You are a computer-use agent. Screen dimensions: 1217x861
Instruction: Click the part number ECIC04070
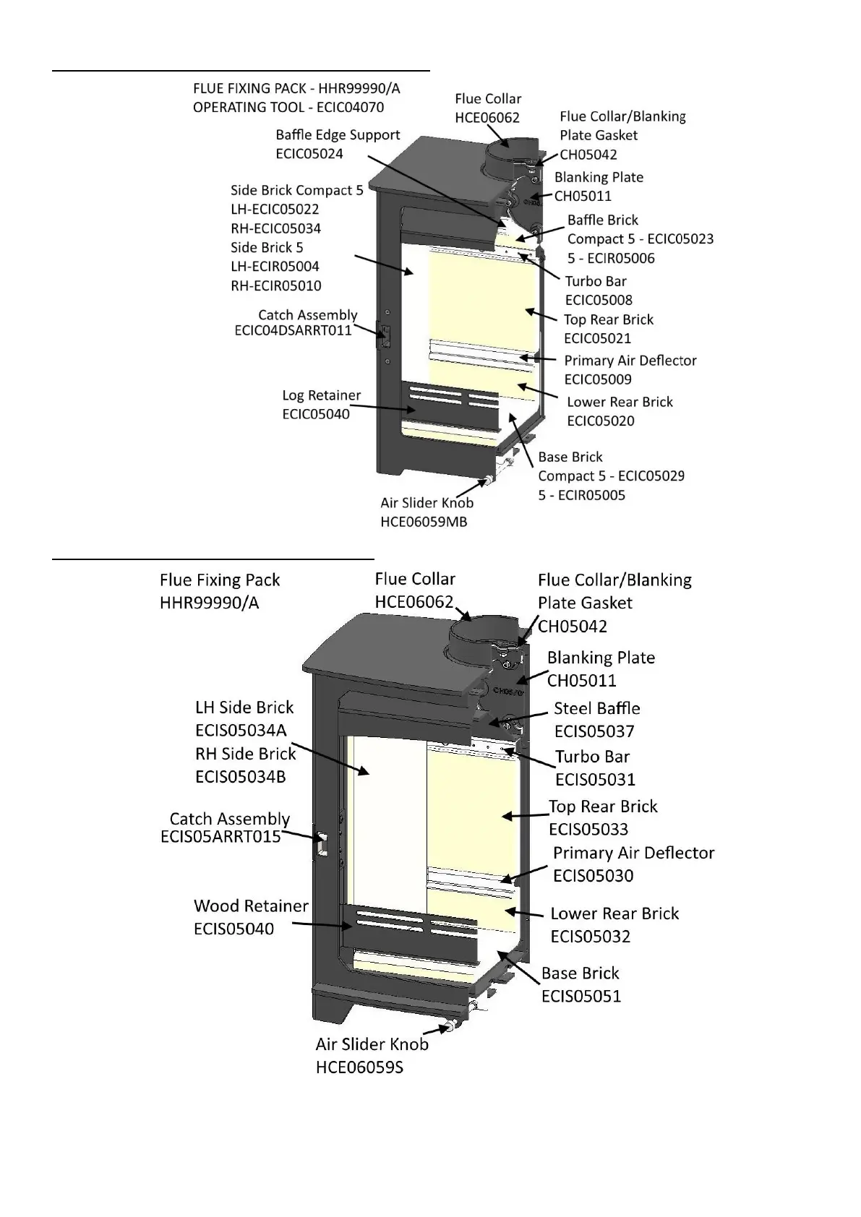pyautogui.click(x=351, y=108)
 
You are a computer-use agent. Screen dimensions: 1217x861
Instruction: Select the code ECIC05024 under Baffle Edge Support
pyautogui.click(x=309, y=153)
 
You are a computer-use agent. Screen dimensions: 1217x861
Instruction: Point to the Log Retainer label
pyautogui.click(x=321, y=395)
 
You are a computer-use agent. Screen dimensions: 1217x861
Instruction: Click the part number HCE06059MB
pyautogui.click(x=424, y=522)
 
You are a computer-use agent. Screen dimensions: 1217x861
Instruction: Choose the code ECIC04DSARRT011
pyautogui.click(x=293, y=330)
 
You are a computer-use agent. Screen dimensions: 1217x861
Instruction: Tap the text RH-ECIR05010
pyautogui.click(x=275, y=285)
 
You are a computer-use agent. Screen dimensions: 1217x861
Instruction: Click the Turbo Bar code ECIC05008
pyautogui.click(x=599, y=300)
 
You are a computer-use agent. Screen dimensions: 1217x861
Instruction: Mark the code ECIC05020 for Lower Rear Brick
pyautogui.click(x=601, y=421)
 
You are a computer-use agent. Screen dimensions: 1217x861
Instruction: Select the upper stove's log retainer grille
pyautogui.click(x=449, y=405)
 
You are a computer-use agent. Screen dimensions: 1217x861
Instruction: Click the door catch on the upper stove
pyautogui.click(x=384, y=335)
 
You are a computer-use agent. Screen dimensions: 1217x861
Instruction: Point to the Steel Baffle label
pyautogui.click(x=596, y=708)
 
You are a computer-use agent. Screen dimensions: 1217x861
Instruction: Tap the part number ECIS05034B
pyautogui.click(x=240, y=777)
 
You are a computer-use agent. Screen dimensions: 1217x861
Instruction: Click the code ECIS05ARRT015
pyautogui.click(x=220, y=837)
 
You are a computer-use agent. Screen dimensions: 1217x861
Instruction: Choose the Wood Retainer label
pyautogui.click(x=251, y=906)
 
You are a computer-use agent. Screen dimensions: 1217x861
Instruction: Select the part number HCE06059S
pyautogui.click(x=359, y=1067)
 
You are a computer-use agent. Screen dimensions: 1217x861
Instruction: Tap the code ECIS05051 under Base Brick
pyautogui.click(x=581, y=996)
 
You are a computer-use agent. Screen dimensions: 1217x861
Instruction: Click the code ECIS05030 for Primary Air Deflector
pyautogui.click(x=593, y=875)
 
